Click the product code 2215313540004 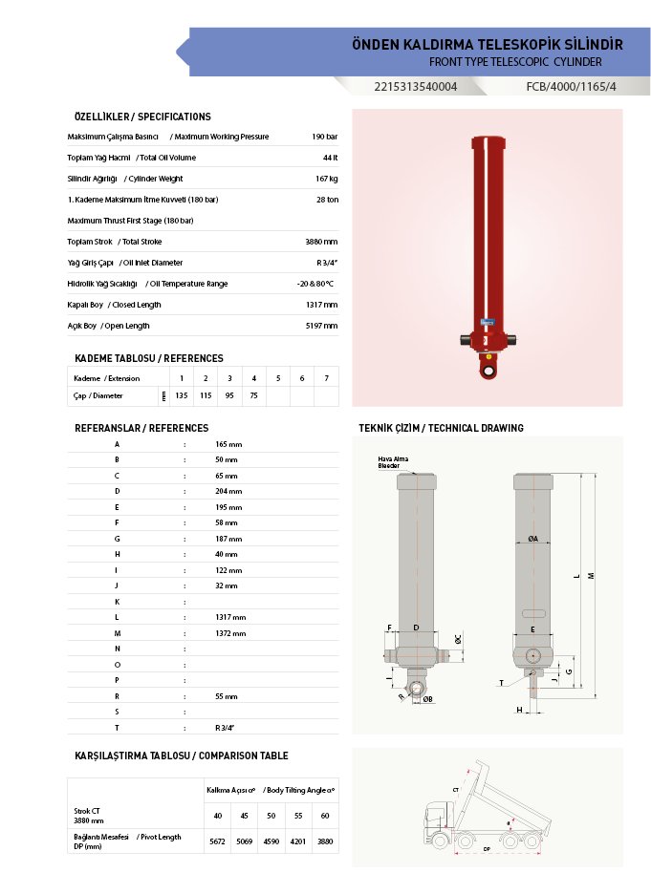(x=416, y=87)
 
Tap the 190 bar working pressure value (x=325, y=137)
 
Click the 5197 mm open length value (x=321, y=326)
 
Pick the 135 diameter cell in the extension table (x=182, y=395)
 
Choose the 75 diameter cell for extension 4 (x=253, y=395)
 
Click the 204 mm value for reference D (x=228, y=491)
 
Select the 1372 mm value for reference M (x=230, y=633)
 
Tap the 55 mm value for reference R (x=226, y=696)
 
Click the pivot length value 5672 (x=217, y=841)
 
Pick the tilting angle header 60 (x=325, y=815)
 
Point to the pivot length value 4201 (x=298, y=841)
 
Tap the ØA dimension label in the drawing (x=532, y=539)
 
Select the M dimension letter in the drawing (x=592, y=575)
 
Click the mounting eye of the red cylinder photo (x=488, y=370)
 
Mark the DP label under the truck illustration (x=487, y=848)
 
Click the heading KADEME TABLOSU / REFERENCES (x=148, y=358)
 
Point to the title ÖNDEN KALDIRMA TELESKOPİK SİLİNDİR (x=488, y=45)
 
